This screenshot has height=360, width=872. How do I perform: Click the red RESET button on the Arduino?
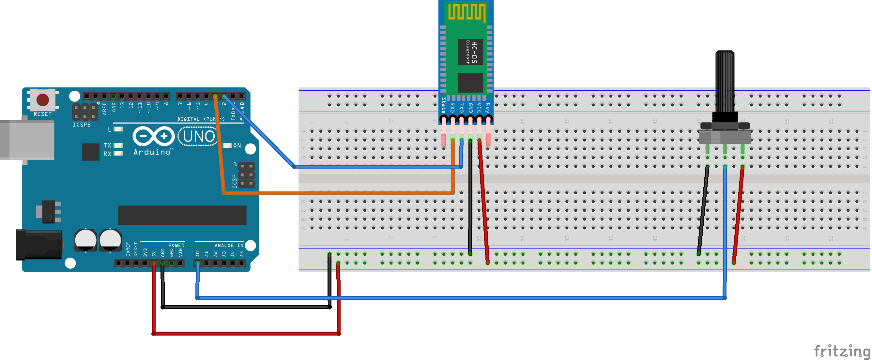[x=43, y=100]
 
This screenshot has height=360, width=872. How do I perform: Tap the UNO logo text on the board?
[x=199, y=136]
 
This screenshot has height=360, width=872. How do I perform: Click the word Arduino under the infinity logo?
[x=152, y=152]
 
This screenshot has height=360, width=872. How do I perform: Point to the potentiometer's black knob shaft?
[x=725, y=81]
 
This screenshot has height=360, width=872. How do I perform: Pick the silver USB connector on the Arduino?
[x=27, y=139]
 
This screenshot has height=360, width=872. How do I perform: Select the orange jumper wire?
[x=339, y=193]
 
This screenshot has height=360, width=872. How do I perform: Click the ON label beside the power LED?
[x=237, y=146]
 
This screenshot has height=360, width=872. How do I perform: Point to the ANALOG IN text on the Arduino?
[x=229, y=245]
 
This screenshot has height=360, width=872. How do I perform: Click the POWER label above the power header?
[x=176, y=245]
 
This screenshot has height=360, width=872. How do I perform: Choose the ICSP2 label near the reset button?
[x=82, y=125]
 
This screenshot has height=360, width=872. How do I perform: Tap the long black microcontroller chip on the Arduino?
[x=182, y=215]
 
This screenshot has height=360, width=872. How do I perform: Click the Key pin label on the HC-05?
[x=487, y=108]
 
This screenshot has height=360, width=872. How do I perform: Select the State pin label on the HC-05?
[x=444, y=105]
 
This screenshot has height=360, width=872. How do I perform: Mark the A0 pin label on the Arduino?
[x=198, y=253]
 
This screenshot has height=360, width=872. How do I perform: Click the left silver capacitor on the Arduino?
[x=85, y=240]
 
